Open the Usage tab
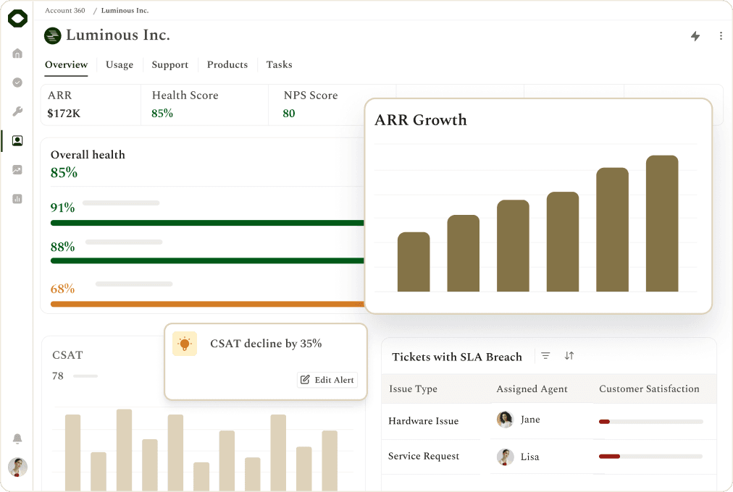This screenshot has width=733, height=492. coord(120,64)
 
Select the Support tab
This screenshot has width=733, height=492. coord(169,64)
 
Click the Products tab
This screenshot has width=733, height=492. coord(227,64)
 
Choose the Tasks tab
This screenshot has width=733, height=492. coord(279,64)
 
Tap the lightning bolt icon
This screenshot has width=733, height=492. coord(695,36)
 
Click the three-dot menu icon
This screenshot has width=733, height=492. coord(721,36)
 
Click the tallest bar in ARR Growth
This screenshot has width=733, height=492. coord(662,224)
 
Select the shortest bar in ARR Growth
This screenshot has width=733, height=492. coord(414,262)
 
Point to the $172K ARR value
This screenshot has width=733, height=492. coord(64,114)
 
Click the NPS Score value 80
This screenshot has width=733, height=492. coord(289,114)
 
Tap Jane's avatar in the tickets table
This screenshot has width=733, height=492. coord(505,419)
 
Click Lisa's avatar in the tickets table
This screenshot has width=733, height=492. coord(505,457)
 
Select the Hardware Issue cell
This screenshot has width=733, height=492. coord(424,420)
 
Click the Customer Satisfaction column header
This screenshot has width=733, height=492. coord(649,389)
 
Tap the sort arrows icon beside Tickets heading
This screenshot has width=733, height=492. coord(569,356)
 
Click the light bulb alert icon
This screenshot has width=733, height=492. coord(185,344)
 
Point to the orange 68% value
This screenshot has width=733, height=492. coord(62,289)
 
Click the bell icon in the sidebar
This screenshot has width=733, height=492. coord(17,438)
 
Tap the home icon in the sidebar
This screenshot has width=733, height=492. coord(17,54)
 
